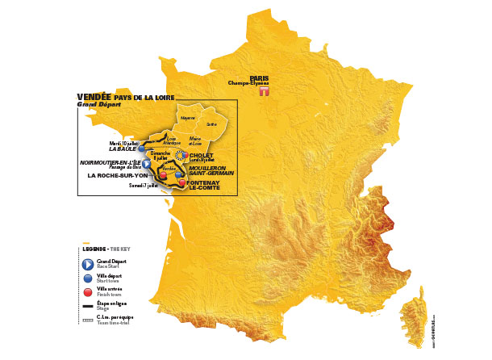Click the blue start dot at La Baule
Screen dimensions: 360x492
141,149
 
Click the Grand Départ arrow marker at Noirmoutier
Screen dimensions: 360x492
146,162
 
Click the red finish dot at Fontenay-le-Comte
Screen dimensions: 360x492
178,183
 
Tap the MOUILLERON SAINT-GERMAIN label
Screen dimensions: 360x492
206,171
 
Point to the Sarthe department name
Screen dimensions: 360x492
211,124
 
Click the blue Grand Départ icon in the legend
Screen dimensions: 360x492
87,264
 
